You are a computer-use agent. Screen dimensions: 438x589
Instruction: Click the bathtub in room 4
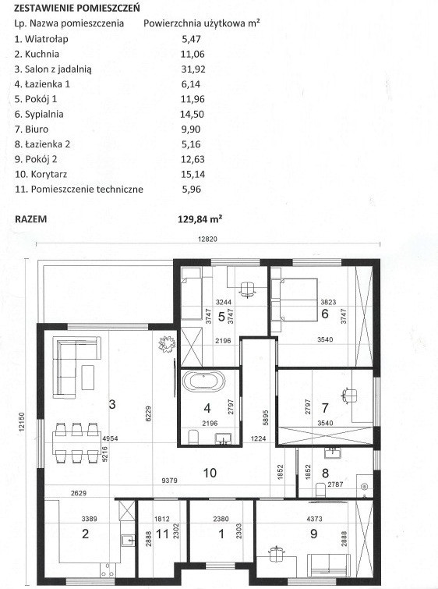pyautogui.click(x=203, y=381)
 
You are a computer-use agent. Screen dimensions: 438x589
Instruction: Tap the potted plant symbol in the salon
pyautogui.click(x=167, y=344)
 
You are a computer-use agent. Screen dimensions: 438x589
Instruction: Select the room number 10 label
pyautogui.click(x=210, y=473)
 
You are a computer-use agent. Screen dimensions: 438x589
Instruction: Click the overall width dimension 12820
pyautogui.click(x=208, y=239)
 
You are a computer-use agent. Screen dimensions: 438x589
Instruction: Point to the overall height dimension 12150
pyautogui.click(x=21, y=421)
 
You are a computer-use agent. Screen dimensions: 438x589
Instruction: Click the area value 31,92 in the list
pyautogui.click(x=193, y=69)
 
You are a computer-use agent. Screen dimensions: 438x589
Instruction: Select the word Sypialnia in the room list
pyautogui.click(x=44, y=114)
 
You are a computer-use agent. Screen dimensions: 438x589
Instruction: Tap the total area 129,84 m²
pyautogui.click(x=200, y=218)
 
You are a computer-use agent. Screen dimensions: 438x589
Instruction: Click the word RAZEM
pyautogui.click(x=30, y=219)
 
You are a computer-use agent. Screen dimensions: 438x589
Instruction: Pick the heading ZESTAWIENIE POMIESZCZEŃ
pyautogui.click(x=76, y=8)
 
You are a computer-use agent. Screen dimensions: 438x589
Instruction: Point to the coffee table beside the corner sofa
pyautogui.click(x=88, y=378)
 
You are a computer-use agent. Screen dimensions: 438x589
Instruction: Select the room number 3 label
pyautogui.click(x=112, y=404)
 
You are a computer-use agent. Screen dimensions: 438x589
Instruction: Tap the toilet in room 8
pyautogui.click(x=320, y=489)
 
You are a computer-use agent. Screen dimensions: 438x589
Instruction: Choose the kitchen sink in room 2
pyautogui.click(x=128, y=541)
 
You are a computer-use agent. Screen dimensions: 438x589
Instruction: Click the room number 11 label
pyautogui.click(x=162, y=534)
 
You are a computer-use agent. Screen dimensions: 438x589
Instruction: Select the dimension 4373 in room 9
pyautogui.click(x=315, y=519)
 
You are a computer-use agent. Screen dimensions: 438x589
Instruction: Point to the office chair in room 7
pyautogui.click(x=349, y=396)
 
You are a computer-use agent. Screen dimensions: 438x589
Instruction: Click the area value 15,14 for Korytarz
pyautogui.click(x=193, y=174)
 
